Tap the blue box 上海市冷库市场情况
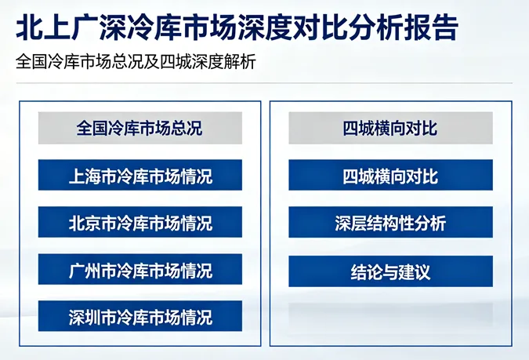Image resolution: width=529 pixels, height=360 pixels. click(140, 176)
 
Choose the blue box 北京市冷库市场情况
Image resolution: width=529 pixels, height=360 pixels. click(140, 223)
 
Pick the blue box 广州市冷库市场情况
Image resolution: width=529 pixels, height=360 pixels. click(140, 271)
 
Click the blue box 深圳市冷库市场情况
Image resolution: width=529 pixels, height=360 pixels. click(140, 317)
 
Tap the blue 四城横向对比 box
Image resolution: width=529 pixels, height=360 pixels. click(390, 176)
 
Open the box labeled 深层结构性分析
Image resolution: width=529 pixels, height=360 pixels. click(390, 223)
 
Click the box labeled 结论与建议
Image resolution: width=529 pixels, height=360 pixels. click(390, 272)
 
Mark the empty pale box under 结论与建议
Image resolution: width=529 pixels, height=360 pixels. click(390, 315)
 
